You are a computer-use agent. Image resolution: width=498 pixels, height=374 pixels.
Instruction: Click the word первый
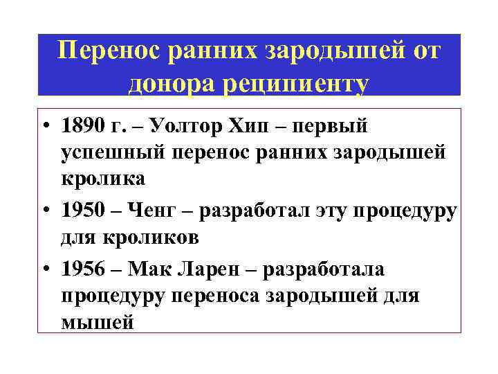[x=335, y=127]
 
